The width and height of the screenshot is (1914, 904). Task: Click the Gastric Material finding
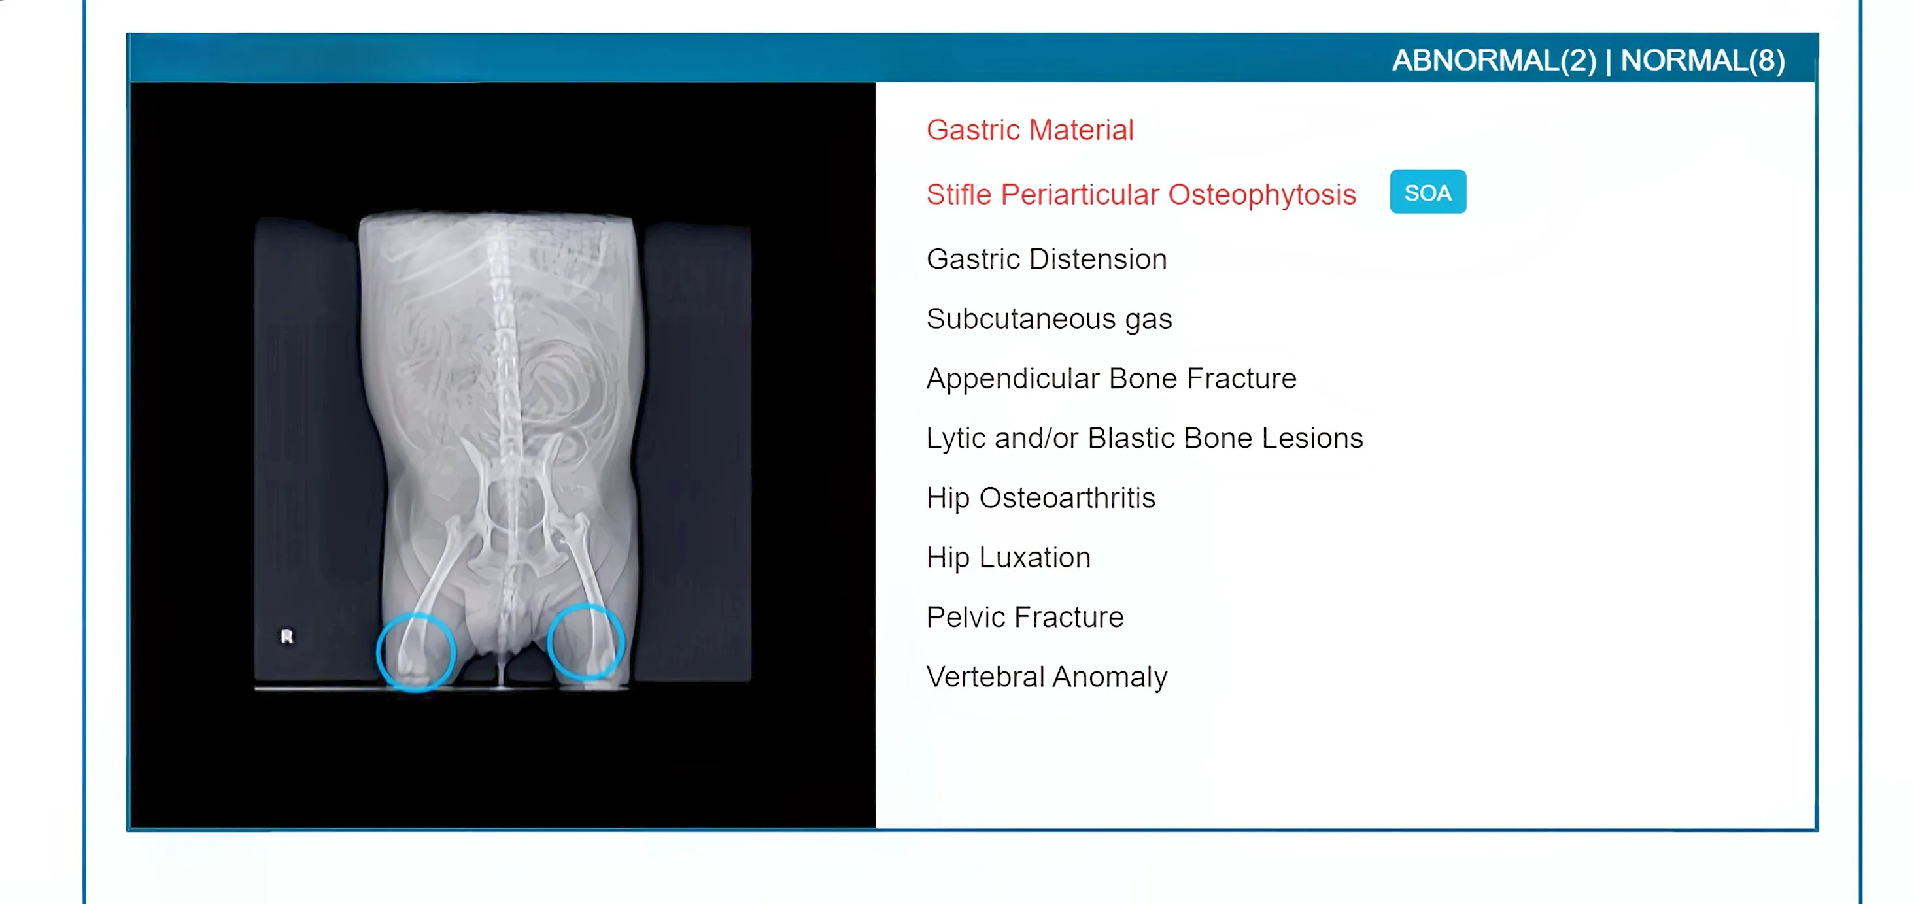[1029, 130]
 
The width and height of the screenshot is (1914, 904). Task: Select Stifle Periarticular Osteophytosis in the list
[1140, 195]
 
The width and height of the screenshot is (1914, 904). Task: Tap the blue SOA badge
[1427, 192]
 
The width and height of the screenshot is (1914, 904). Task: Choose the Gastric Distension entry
[1046, 259]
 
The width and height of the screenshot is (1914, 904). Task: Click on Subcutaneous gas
[1048, 319]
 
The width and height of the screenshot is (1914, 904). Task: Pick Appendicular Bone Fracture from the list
[1111, 379]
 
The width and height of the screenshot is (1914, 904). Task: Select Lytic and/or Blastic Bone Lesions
[1144, 438]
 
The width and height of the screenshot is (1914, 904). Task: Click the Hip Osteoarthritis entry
[1040, 497]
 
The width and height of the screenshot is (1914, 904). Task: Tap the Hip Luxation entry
[1008, 557]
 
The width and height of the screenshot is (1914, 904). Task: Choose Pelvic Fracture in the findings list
[1025, 617]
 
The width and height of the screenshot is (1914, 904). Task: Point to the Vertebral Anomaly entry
[1046, 677]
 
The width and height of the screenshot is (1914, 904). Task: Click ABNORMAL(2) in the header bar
[1494, 60]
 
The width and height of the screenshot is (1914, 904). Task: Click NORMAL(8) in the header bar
[1702, 60]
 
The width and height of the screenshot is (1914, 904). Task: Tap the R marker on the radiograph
[287, 636]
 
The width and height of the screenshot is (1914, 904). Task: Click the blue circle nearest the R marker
[416, 652]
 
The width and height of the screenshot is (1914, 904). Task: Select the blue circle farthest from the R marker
[587, 642]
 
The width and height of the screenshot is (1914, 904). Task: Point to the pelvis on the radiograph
[513, 512]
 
